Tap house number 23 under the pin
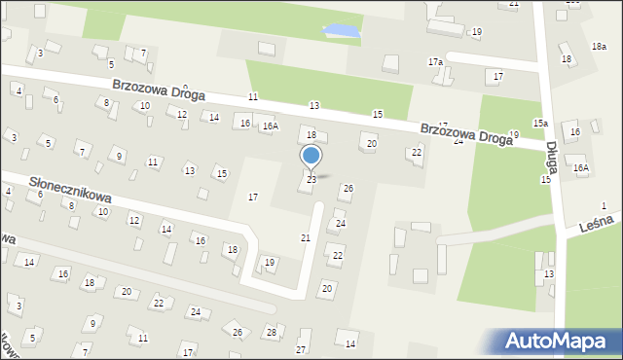click(311, 180)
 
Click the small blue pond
click(342, 32)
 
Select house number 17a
click(435, 62)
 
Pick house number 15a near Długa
click(540, 123)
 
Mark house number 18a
click(599, 47)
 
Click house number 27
click(301, 349)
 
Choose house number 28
click(272, 333)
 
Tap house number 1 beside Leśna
click(604, 205)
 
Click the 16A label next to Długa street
click(581, 167)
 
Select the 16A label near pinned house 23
click(270, 126)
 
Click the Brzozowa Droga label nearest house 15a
click(466, 132)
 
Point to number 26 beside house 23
click(348, 188)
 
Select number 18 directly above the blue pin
click(311, 134)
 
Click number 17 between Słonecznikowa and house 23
click(253, 198)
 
